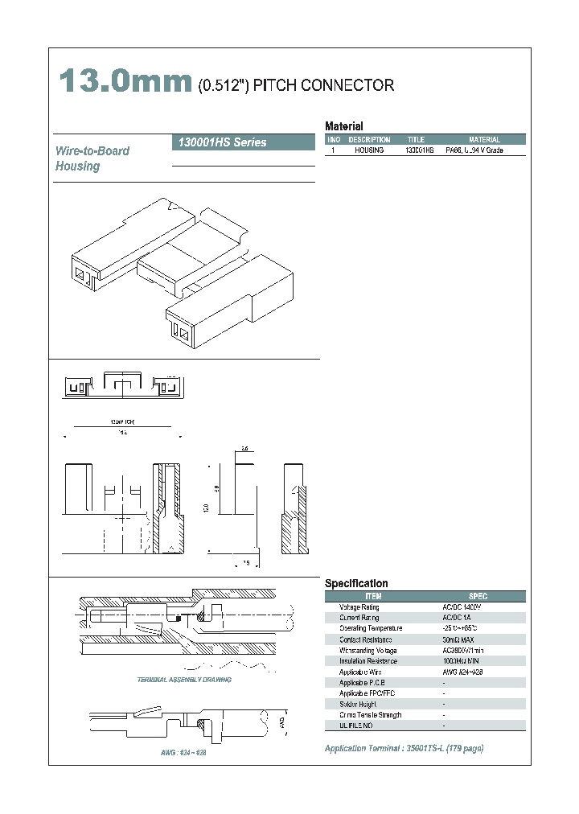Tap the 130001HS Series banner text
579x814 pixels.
(220, 142)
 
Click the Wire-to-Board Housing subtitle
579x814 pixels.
(92, 158)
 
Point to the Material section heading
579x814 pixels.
(343, 126)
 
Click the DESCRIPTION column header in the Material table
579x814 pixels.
(369, 140)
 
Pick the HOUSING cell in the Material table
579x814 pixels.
(369, 150)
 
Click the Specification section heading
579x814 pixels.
(355, 583)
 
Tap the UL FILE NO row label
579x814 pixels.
(356, 726)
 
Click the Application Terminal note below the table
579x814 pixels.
(404, 748)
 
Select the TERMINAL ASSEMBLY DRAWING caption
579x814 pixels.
(184, 680)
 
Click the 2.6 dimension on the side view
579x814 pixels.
(245, 448)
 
